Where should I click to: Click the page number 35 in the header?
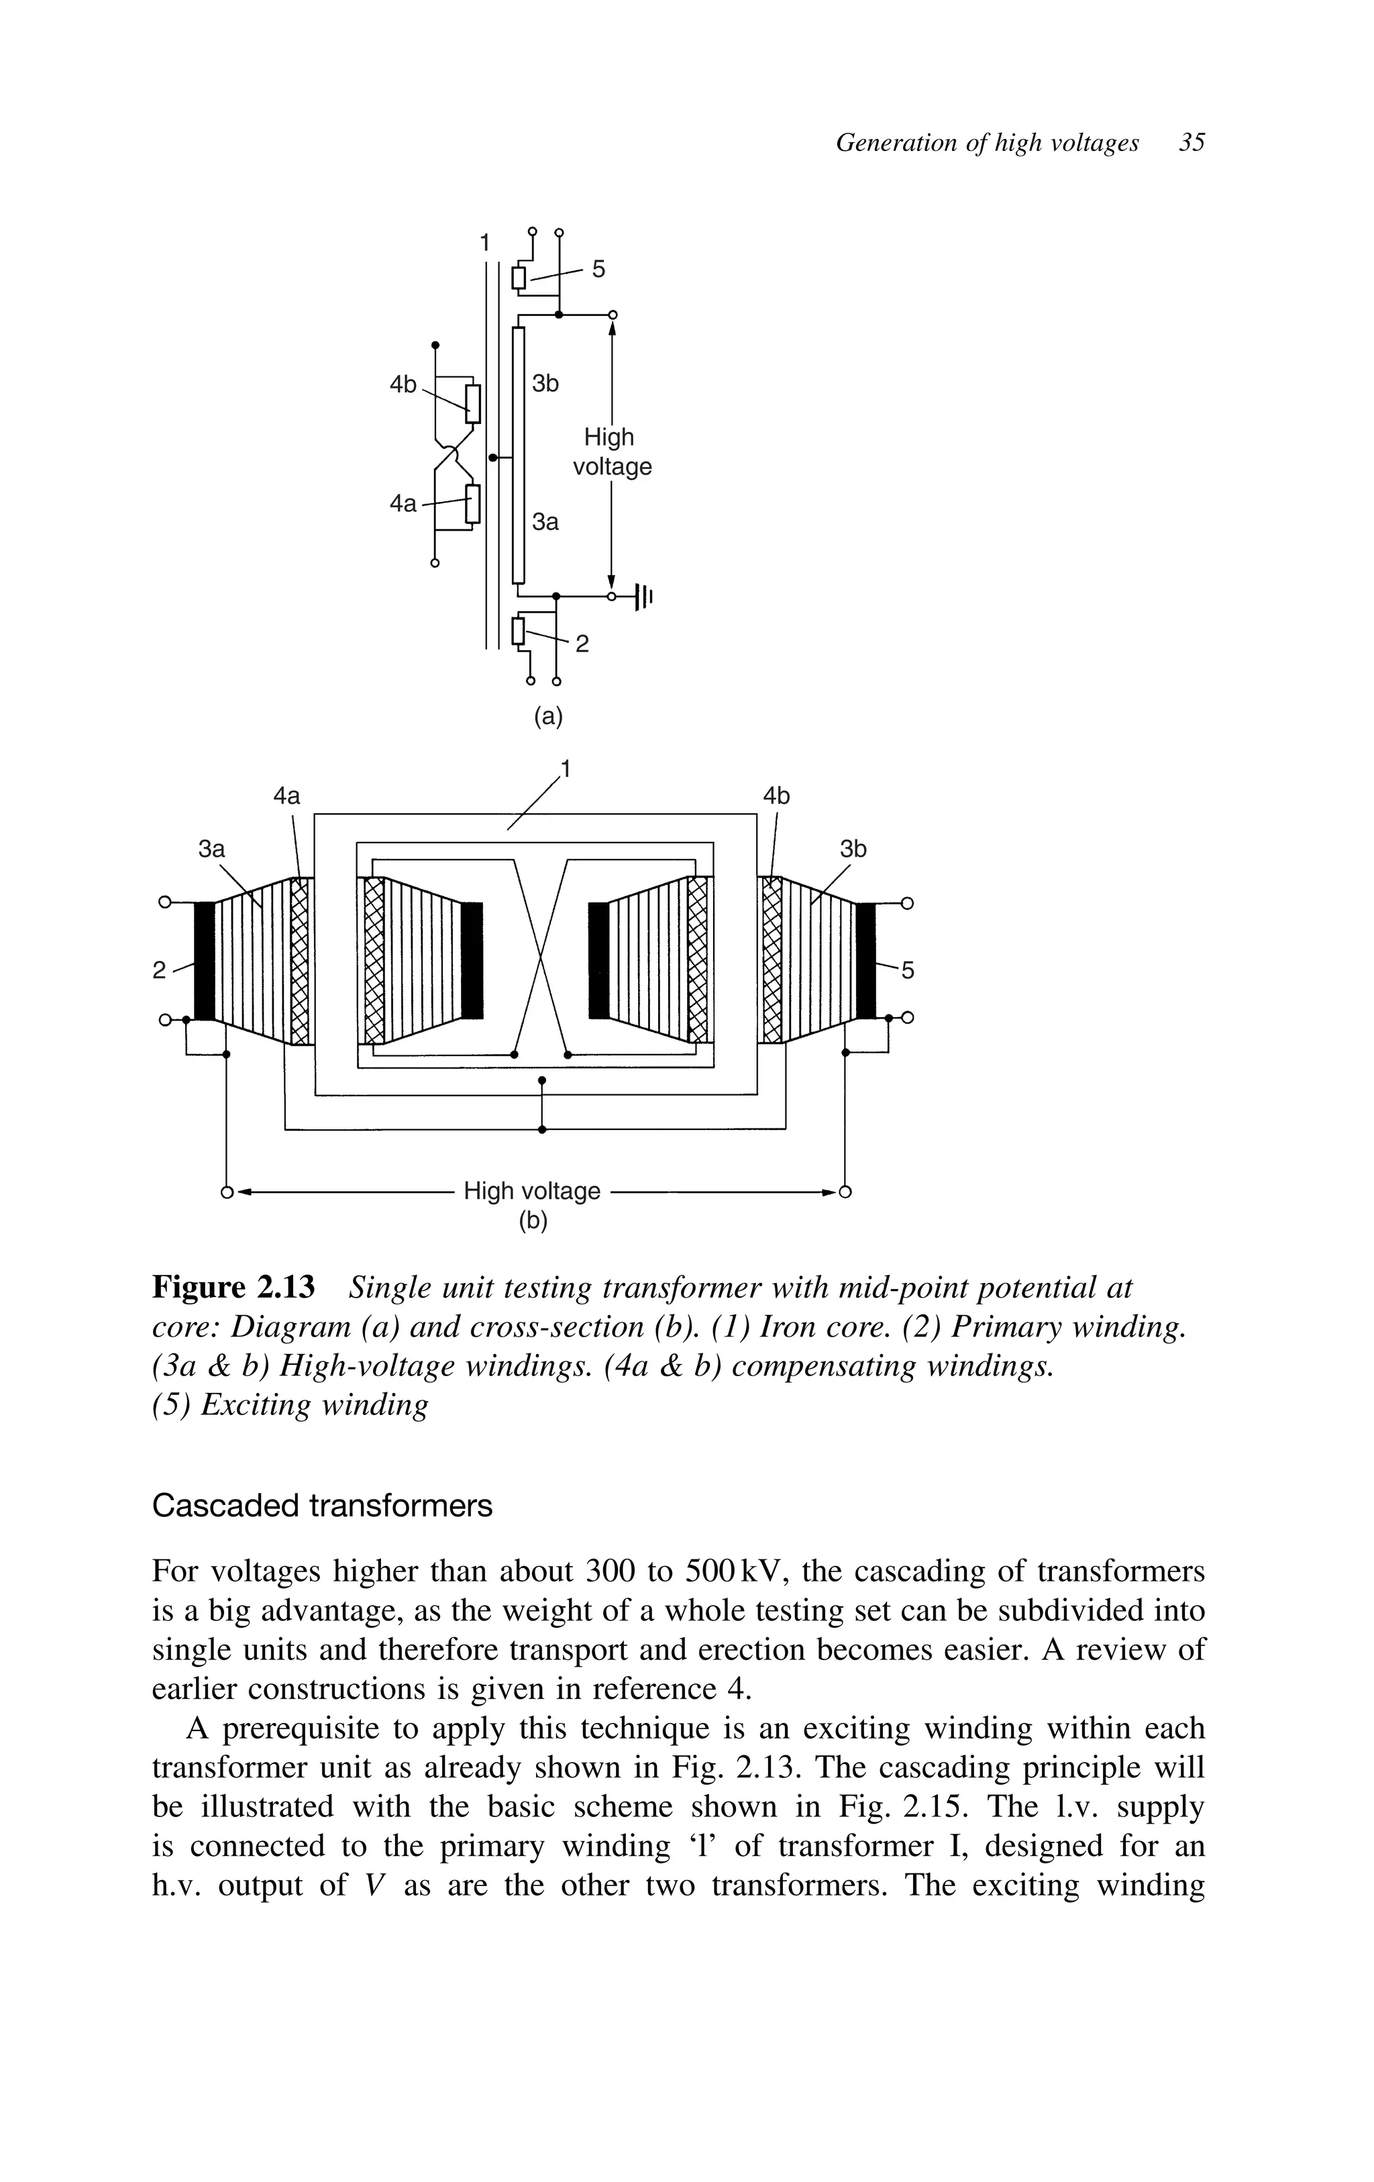pyautogui.click(x=1192, y=143)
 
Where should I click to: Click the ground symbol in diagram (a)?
pyautogui.click(x=643, y=596)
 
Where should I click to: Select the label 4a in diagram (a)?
pyautogui.click(x=403, y=503)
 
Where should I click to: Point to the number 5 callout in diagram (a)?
pyautogui.click(x=598, y=269)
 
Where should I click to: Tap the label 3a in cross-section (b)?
pyautogui.click(x=211, y=849)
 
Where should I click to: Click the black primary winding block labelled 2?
pyautogui.click(x=205, y=961)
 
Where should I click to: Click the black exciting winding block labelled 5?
pyautogui.click(x=865, y=961)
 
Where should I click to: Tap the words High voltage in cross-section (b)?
pyautogui.click(x=532, y=1191)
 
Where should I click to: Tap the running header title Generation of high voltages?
pyautogui.click(x=987, y=143)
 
